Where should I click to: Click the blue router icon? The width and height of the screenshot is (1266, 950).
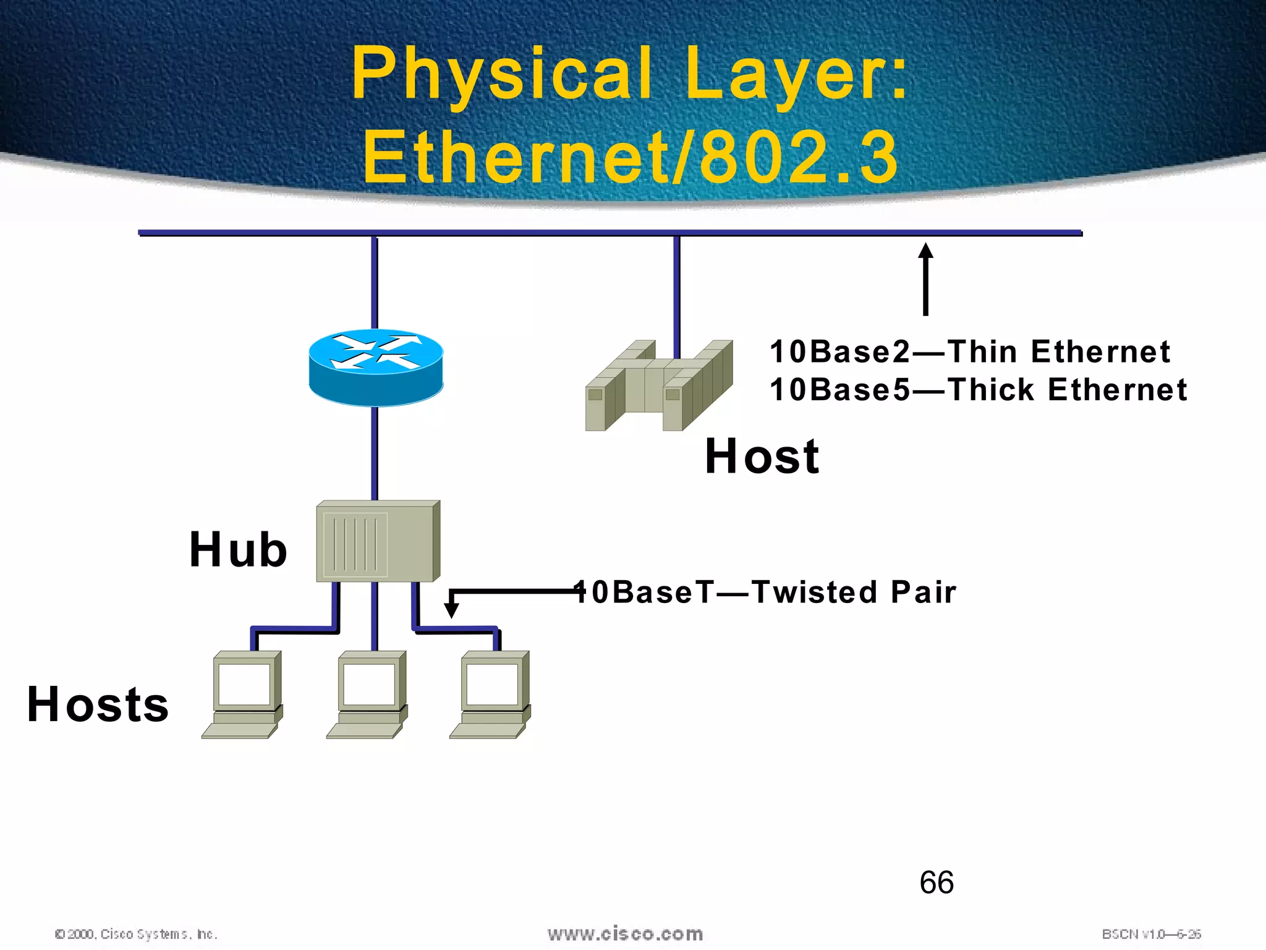pos(376,367)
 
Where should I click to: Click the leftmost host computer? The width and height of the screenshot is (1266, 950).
pos(242,695)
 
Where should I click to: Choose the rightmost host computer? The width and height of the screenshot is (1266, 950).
pos(490,695)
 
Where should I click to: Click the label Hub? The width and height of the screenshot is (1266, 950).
pos(238,550)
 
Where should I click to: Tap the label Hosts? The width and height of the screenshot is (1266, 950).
pos(98,704)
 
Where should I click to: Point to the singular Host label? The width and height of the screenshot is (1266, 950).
pos(762,456)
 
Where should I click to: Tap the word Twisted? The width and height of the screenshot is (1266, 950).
pos(815,592)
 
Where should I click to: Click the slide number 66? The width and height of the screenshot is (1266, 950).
pos(937,883)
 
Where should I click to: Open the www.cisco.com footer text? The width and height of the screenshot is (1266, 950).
pos(625,934)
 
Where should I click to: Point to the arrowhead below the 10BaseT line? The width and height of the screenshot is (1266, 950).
pos(452,609)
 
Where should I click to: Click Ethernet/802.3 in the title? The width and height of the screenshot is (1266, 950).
pos(630,158)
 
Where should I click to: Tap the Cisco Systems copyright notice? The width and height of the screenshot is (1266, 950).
pos(136,934)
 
